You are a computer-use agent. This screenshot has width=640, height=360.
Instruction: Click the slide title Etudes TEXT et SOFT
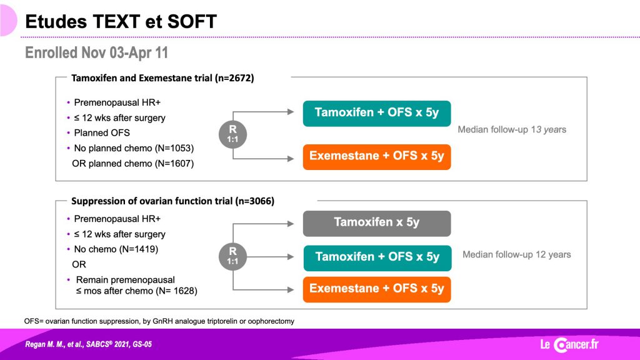[121, 21]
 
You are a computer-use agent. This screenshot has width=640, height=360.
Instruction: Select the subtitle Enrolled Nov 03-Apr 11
[96, 52]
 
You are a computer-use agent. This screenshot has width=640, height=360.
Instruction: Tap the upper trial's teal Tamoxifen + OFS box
[377, 113]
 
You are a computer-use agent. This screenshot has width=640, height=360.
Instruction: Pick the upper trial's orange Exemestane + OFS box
[377, 156]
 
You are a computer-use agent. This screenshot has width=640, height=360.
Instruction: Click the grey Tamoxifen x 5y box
[377, 223]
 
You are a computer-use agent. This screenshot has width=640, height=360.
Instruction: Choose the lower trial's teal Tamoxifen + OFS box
[377, 257]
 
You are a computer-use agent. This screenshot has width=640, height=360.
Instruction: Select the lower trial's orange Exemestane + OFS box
[377, 289]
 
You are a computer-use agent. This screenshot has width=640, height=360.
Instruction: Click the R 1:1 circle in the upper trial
[232, 134]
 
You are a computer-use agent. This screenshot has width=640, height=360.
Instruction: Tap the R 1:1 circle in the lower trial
[232, 256]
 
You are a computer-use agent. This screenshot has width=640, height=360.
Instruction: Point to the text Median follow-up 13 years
[512, 129]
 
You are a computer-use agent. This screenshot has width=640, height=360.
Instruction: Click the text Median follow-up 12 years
[517, 254]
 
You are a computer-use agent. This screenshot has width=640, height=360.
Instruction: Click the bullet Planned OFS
[102, 132]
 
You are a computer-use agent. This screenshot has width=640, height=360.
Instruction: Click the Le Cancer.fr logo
[569, 344]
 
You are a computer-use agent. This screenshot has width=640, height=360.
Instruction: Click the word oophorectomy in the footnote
[271, 321]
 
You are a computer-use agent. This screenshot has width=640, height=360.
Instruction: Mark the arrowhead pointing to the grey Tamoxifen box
[291, 224]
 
